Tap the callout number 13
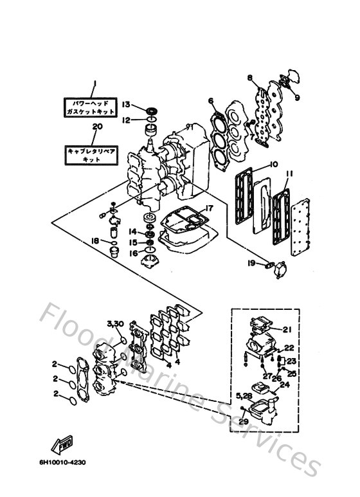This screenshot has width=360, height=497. [x=127, y=105]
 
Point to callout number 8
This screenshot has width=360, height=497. [x=248, y=78]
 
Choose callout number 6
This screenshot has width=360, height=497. [x=210, y=100]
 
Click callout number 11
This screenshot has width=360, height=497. [x=290, y=174]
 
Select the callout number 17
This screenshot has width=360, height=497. [x=209, y=208]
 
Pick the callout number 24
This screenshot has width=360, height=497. [x=285, y=386]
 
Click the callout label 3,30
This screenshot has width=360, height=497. [x=114, y=322]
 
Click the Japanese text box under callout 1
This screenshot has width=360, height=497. [x=90, y=107]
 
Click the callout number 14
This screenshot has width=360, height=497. [x=131, y=231]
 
